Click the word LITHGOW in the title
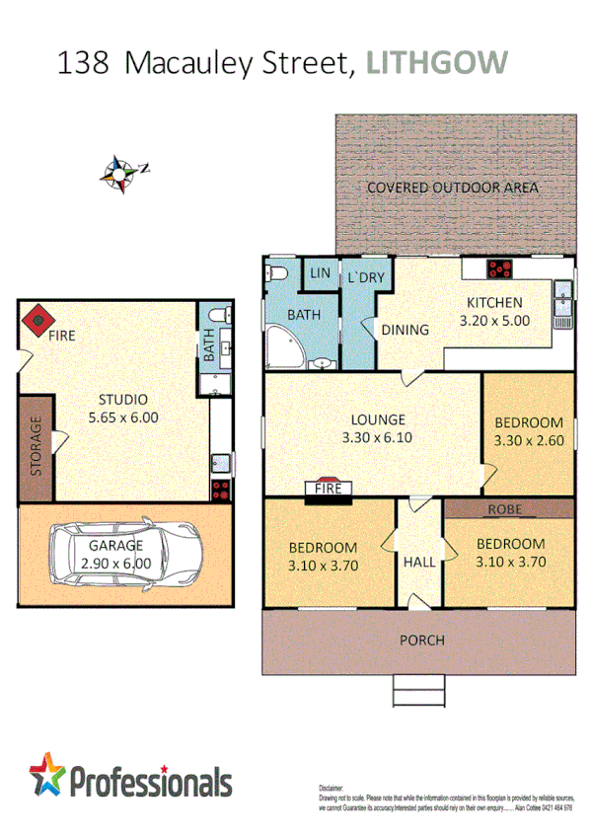437,62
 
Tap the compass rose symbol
121,171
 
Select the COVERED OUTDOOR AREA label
453,188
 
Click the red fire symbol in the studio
38,318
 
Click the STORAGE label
36,448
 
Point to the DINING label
405,330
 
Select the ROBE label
508,509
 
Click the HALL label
418,562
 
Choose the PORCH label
421,641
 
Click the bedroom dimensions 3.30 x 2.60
528,440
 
